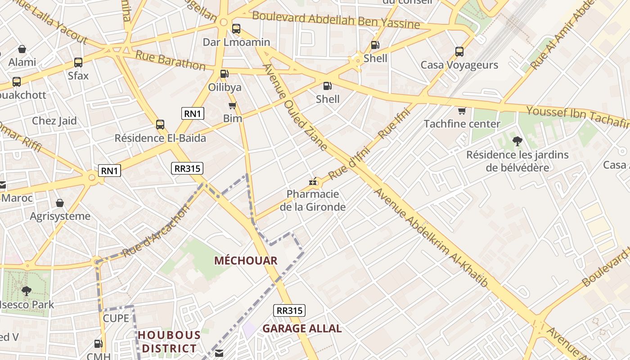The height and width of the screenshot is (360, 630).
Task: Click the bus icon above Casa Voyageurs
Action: [x=459, y=52]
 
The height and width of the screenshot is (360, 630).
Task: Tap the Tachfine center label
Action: [x=462, y=124]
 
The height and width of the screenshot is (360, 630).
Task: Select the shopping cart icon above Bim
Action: [x=232, y=106]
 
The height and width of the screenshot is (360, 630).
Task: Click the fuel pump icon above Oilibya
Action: [x=224, y=74]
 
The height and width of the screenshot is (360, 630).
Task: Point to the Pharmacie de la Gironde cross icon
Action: [x=312, y=182]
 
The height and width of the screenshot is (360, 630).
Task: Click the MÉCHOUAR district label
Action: [x=246, y=261]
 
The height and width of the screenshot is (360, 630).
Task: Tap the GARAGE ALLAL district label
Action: [x=302, y=328]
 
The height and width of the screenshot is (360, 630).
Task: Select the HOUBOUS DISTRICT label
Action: [x=169, y=342]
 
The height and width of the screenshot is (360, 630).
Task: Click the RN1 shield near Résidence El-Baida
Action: [x=193, y=113]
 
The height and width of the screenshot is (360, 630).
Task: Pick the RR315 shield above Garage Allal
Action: [x=289, y=310]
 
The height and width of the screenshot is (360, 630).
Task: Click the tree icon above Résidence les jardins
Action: [x=517, y=141]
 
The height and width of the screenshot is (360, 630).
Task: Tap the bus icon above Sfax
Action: [x=78, y=63]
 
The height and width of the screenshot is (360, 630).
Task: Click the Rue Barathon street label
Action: [x=171, y=61]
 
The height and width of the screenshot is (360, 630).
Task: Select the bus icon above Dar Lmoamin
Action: [x=236, y=29]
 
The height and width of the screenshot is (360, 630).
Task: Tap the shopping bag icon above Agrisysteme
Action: [x=60, y=203]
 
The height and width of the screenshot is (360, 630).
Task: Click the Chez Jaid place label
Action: [x=54, y=121]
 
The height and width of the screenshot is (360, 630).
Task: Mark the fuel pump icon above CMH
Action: [x=98, y=344]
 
